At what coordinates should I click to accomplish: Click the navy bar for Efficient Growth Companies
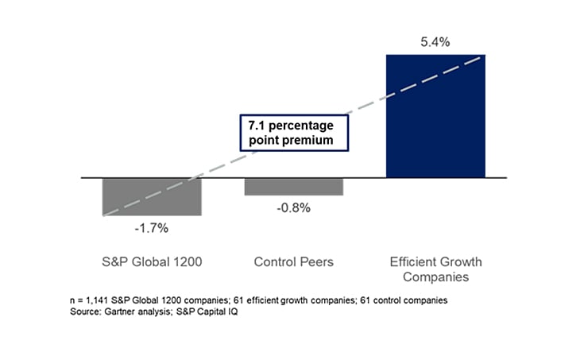pos(435,116)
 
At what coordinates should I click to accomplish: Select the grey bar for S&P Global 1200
pos(152,196)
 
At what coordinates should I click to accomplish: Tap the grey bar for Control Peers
pos(293,187)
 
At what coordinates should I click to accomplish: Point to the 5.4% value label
pos(435,42)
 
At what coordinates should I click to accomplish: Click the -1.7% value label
pos(151,229)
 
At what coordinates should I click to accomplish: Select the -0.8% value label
pos(293,208)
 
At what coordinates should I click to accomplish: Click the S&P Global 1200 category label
pos(152,261)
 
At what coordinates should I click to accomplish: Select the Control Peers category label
pos(293,261)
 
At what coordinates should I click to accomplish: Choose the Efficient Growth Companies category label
pos(435,269)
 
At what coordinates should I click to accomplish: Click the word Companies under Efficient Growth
pos(435,277)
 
